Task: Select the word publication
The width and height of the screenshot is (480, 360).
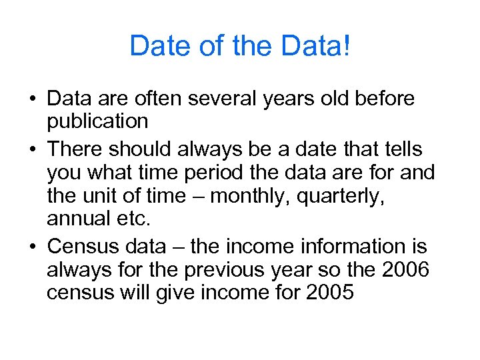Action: coord(97,121)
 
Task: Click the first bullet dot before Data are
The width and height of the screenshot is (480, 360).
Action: coord(32,100)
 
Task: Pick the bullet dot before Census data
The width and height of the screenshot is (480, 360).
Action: coord(32,247)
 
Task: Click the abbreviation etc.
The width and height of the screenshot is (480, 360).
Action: coord(125,217)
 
